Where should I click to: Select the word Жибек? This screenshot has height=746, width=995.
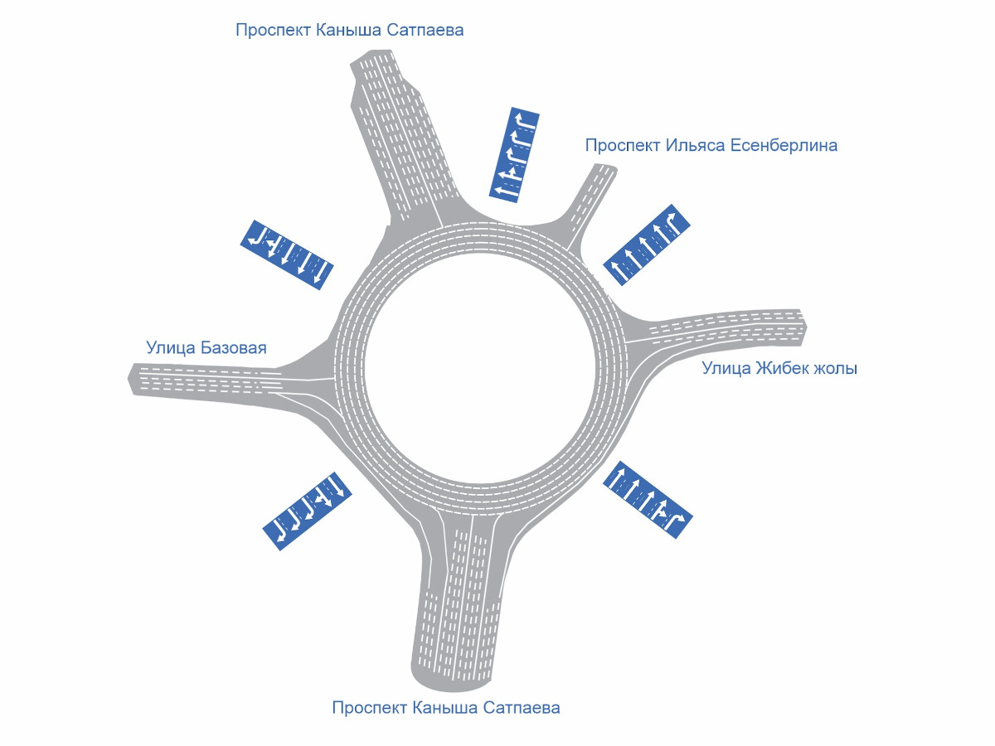[782, 368]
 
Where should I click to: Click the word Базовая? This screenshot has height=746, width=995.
[234, 347]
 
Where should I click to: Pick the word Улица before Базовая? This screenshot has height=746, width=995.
[171, 347]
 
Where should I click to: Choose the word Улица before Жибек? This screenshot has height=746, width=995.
[726, 368]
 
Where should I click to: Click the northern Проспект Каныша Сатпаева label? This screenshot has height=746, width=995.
[349, 31]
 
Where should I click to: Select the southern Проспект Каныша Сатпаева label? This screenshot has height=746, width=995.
[445, 708]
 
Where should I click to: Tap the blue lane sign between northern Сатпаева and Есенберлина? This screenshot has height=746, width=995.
[515, 155]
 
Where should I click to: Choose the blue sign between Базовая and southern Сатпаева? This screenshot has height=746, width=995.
[308, 511]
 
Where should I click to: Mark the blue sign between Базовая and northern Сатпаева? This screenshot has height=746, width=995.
[286, 254]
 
